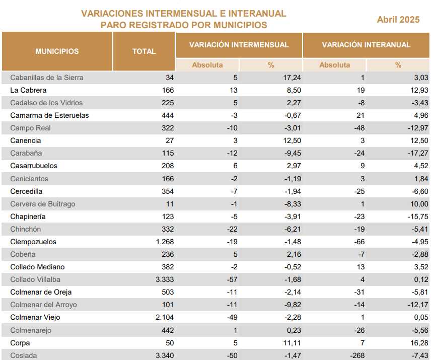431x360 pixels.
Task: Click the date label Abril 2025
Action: (398, 20)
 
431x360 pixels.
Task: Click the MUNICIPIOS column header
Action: (57, 51)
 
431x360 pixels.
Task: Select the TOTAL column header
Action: (144, 51)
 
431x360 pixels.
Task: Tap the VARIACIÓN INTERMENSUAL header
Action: (239, 45)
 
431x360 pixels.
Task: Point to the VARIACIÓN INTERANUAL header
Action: (366, 45)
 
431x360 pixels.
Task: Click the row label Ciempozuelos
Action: (33, 242)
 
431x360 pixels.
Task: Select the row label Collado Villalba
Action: (35, 279)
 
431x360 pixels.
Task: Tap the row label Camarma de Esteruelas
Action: (49, 115)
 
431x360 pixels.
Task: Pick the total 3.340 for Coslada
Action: (165, 355)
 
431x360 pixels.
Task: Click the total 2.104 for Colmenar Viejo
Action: (165, 317)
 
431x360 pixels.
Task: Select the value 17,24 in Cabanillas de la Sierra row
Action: (292, 78)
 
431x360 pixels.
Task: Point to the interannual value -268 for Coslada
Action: (357, 355)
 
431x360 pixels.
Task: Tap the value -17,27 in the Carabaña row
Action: (418, 153)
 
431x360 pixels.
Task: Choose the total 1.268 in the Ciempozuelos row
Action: (165, 242)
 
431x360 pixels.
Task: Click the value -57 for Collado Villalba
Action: (232, 279)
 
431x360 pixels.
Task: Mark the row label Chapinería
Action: (28, 217)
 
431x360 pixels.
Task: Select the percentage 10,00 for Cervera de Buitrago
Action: (419, 204)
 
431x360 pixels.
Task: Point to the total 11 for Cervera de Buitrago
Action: (170, 204)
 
